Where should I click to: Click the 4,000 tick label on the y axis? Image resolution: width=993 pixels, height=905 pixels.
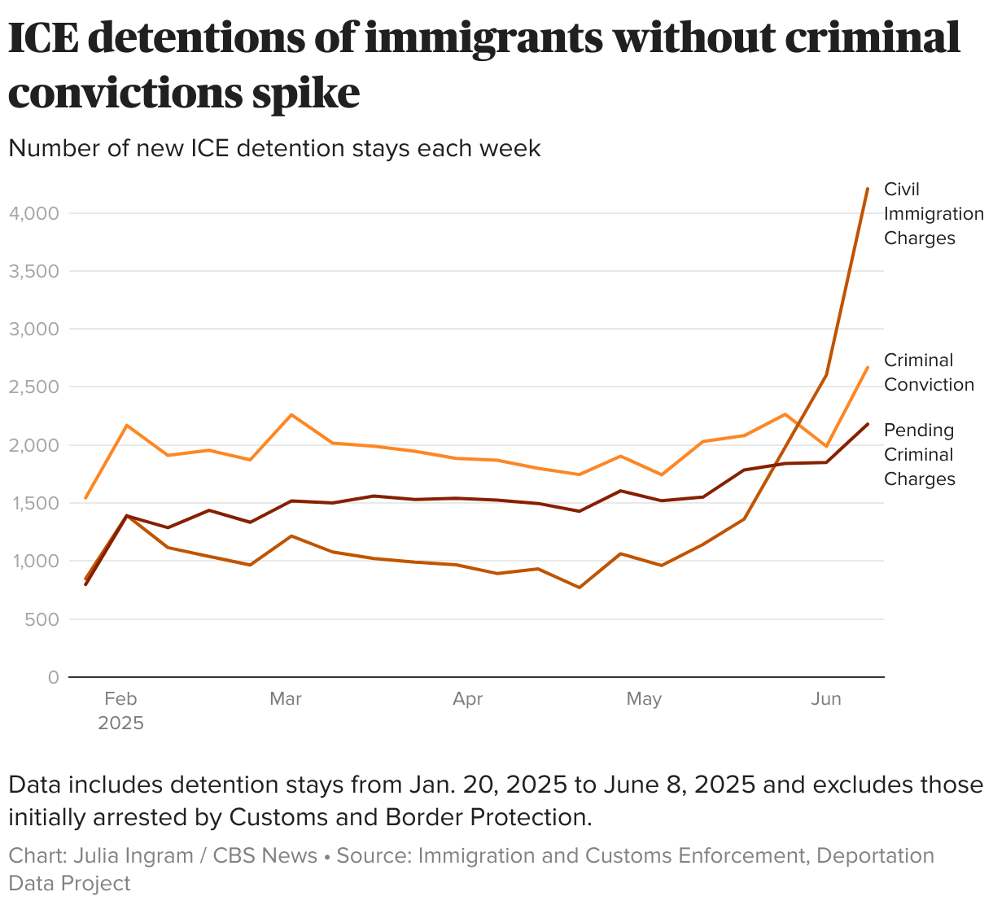(33, 213)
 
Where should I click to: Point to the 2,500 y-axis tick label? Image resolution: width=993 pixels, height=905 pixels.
(33, 387)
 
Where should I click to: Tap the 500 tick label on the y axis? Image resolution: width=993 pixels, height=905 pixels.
(42, 619)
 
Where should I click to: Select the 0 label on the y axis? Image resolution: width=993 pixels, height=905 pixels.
(54, 677)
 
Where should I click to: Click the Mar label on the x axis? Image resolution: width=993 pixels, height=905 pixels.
(285, 699)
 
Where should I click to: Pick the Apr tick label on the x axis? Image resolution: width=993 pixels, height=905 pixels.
(468, 699)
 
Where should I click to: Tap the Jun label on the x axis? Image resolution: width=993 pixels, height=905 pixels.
(826, 699)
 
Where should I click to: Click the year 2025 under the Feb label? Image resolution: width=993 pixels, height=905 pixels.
(120, 724)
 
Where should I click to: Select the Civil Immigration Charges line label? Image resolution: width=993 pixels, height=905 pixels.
(933, 213)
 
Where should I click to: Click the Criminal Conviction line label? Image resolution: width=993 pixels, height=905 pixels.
(929, 372)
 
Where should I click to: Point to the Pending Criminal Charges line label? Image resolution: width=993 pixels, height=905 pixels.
(920, 454)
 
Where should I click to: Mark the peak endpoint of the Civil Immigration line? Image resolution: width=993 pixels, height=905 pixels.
(868, 188)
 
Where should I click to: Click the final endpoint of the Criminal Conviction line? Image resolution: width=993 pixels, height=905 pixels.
(868, 367)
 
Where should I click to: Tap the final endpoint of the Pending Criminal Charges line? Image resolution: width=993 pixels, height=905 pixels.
(868, 424)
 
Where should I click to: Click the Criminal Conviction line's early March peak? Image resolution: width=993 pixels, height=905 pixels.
(291, 415)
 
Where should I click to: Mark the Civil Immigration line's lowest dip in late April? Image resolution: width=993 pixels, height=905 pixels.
(580, 588)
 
